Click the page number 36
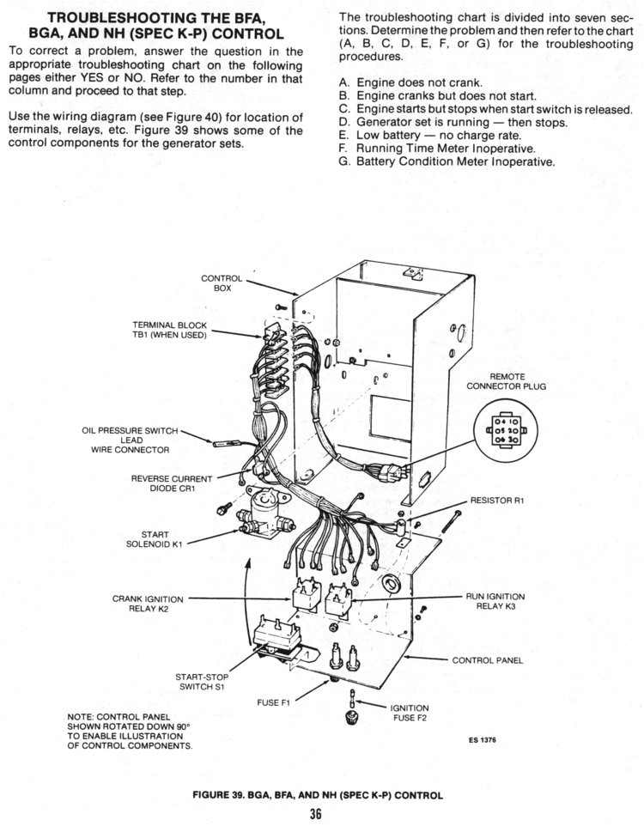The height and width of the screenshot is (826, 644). [x=315, y=815]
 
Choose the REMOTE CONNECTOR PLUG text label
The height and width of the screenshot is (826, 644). [x=506, y=381]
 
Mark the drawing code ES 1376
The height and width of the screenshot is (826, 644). [x=483, y=741]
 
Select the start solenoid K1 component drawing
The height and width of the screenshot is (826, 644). [x=259, y=516]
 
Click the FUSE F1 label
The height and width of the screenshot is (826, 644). [x=275, y=702]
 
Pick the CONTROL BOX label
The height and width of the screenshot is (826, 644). [x=222, y=283]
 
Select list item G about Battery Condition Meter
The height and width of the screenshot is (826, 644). [x=447, y=161]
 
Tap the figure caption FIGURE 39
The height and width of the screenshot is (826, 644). [x=318, y=795]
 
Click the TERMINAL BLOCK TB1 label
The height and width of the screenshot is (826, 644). [x=169, y=330]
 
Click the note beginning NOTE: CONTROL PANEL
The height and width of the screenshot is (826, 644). [x=128, y=731]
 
